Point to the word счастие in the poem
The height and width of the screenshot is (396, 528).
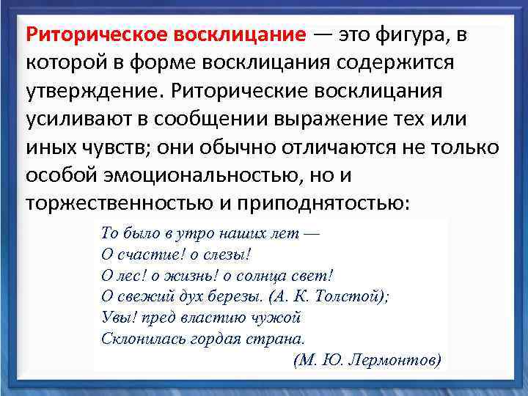[145, 254]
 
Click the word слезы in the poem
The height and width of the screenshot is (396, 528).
[224, 254]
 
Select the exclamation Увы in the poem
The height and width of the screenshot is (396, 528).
[117, 318]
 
